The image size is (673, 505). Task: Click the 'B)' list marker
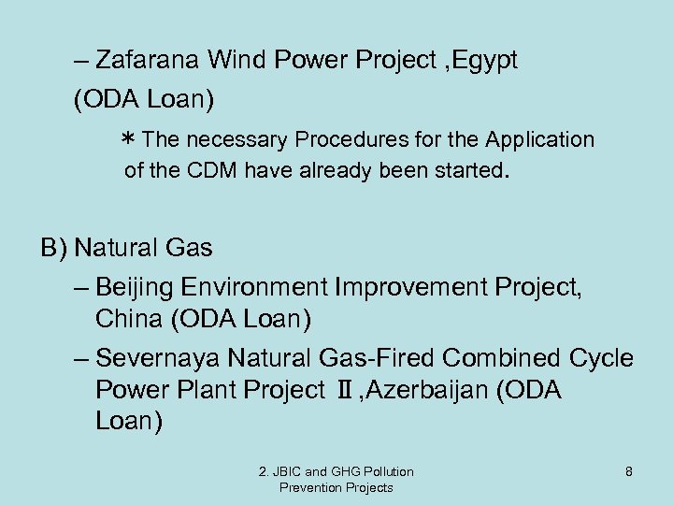pos(53,249)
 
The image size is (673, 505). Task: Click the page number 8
pos(629,472)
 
